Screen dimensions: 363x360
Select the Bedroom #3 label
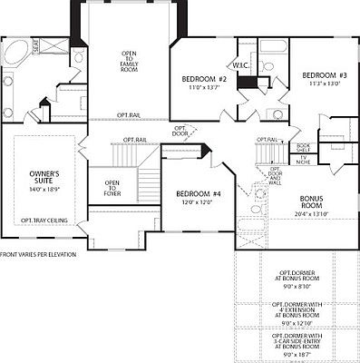[x=320, y=74]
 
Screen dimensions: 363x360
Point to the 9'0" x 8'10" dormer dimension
[x=297, y=286]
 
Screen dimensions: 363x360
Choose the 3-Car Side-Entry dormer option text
[x=297, y=338]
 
